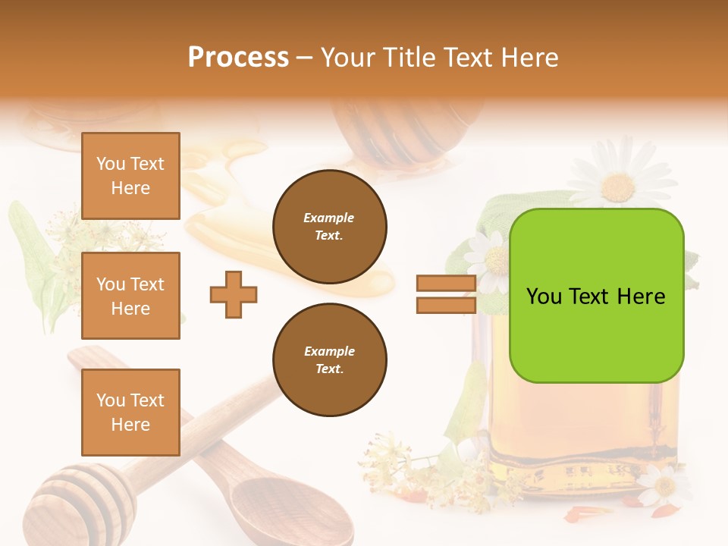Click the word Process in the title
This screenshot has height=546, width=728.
point(238,57)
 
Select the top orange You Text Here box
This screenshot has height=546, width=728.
point(130,176)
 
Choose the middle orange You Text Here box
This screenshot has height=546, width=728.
point(130,296)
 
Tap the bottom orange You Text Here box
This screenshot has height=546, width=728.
point(130,412)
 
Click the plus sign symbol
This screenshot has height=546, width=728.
point(234,294)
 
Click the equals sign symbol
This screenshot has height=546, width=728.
point(446,294)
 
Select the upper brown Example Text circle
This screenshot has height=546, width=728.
point(329,227)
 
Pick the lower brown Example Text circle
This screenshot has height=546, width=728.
point(329,360)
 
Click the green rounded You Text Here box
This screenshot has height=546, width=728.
point(596,296)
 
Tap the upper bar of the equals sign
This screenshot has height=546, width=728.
point(446,284)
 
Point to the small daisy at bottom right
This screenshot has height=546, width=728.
point(664,485)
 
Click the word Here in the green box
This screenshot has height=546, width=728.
point(642,296)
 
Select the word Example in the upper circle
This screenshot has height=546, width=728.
point(329,218)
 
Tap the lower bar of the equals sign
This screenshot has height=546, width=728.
point(446,306)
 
